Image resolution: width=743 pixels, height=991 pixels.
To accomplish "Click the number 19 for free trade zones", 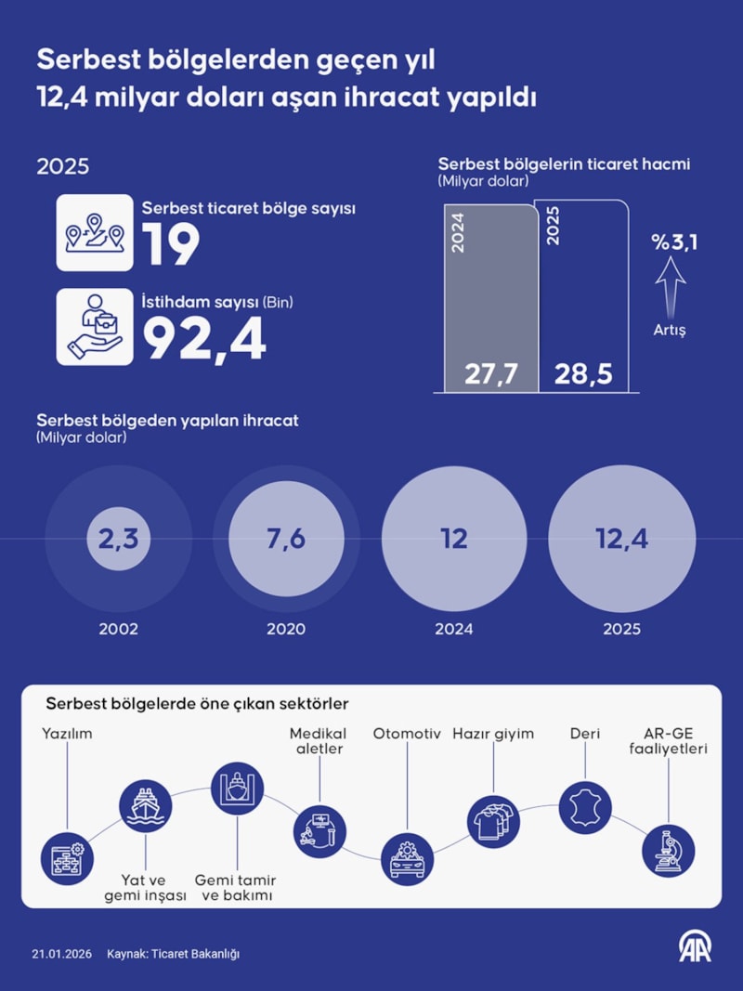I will click(x=171, y=245).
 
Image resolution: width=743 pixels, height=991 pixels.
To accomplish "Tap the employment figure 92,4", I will click(x=204, y=340).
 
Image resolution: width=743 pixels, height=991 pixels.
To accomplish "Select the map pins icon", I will click(x=94, y=233).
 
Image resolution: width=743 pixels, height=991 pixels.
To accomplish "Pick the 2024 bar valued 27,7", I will click(x=489, y=297).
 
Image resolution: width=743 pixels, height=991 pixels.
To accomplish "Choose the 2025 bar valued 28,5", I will click(x=586, y=297).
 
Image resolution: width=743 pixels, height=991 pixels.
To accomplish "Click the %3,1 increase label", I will click(x=674, y=243).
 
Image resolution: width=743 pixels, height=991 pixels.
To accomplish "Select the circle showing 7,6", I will click(x=286, y=540).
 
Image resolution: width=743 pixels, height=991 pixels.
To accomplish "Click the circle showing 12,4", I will click(x=622, y=540).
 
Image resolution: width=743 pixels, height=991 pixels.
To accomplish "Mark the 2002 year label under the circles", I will click(x=119, y=629).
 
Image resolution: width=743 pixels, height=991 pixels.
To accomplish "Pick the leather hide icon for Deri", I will click(x=586, y=807).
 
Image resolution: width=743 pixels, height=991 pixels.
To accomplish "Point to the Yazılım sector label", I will click(x=67, y=734).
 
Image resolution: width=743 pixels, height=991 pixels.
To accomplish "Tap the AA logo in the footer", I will click(x=695, y=947).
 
